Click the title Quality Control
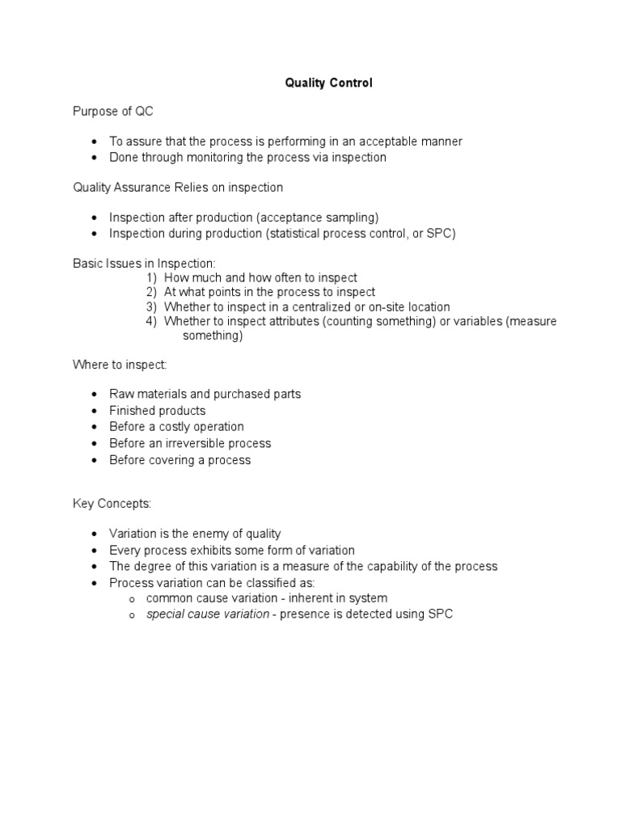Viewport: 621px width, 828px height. (x=328, y=82)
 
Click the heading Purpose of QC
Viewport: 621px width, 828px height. (x=112, y=112)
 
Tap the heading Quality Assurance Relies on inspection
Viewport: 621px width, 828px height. (x=178, y=188)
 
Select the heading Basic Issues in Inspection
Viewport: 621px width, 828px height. (x=145, y=264)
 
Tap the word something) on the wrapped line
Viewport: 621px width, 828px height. (x=213, y=336)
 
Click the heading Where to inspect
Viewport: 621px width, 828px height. (x=120, y=365)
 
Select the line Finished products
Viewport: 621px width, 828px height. (x=158, y=411)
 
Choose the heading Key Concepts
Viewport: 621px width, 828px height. (x=112, y=504)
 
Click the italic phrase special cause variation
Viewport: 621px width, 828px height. (x=208, y=615)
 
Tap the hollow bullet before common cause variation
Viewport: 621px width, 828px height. (x=131, y=599)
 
